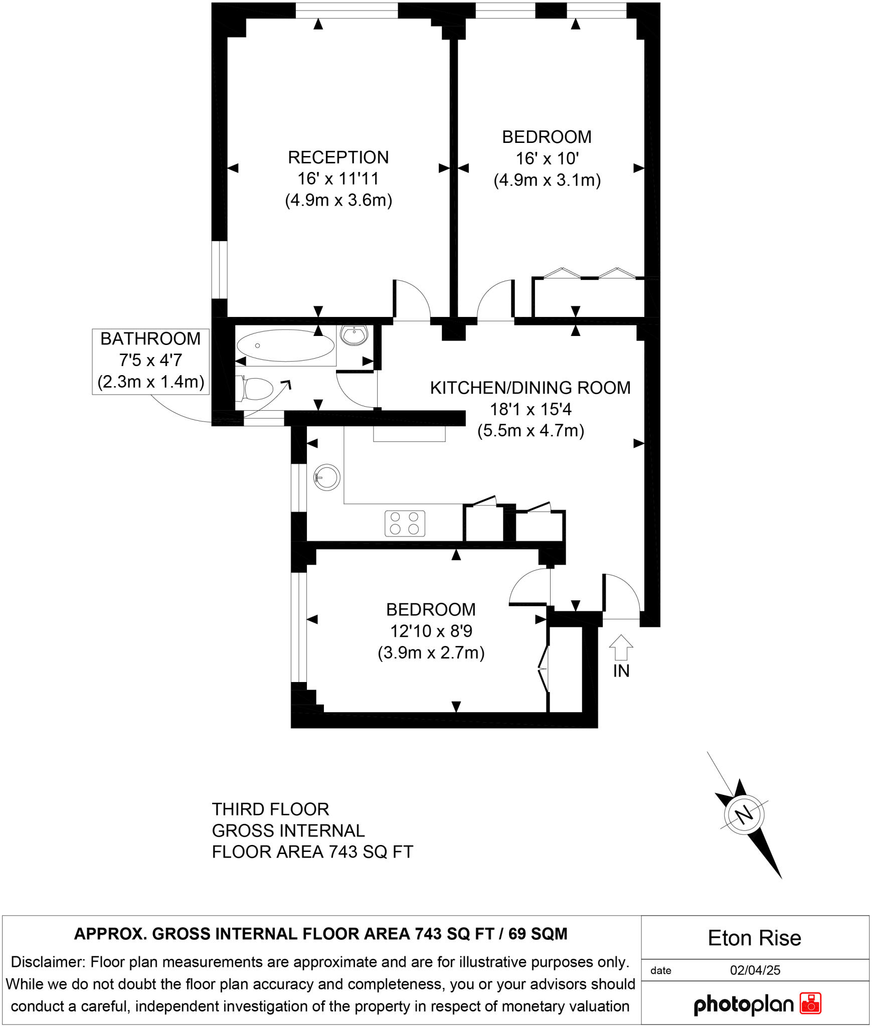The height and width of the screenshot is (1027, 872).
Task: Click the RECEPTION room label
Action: [338, 157]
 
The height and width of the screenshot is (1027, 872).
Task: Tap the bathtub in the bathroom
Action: [285, 346]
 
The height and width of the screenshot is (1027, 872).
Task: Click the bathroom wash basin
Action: [355, 335]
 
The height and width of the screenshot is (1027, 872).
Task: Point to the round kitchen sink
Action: [327, 477]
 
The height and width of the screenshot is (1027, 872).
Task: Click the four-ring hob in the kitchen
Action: [405, 523]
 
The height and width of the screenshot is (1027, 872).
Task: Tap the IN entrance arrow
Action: [621, 648]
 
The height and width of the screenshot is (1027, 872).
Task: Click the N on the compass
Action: [745, 813]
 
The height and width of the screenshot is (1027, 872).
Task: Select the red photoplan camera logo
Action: [810, 1003]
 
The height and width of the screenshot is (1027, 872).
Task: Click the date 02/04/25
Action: [755, 970]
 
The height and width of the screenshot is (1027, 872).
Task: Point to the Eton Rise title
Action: [754, 938]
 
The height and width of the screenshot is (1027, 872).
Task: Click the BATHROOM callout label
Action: [150, 339]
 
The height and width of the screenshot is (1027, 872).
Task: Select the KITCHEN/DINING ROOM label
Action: [530, 388]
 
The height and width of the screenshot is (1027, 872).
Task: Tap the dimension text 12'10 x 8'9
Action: [431, 631]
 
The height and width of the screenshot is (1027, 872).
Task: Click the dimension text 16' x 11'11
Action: [338, 179]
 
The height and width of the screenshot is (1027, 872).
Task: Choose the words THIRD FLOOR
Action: [270, 809]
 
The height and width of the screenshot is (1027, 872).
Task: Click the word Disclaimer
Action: [47, 962]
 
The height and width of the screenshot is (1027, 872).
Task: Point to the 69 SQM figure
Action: [538, 934]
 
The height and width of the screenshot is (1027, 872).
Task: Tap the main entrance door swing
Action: [622, 597]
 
